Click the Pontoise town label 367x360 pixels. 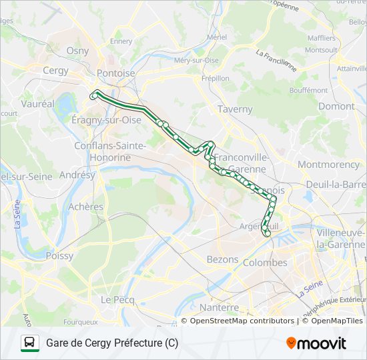115,73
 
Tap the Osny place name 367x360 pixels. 77,51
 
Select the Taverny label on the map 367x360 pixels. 236,109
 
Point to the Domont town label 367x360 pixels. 336,106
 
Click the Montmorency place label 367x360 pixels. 328,164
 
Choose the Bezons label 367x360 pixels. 223,259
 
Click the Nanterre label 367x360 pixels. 219,307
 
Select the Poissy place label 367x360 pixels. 60,255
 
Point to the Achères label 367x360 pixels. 86,207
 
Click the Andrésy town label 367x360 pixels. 77,175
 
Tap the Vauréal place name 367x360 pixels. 37,105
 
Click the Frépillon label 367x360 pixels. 215,78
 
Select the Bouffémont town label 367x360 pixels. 309,90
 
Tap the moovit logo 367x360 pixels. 316,343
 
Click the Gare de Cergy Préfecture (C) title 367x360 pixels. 112,343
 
